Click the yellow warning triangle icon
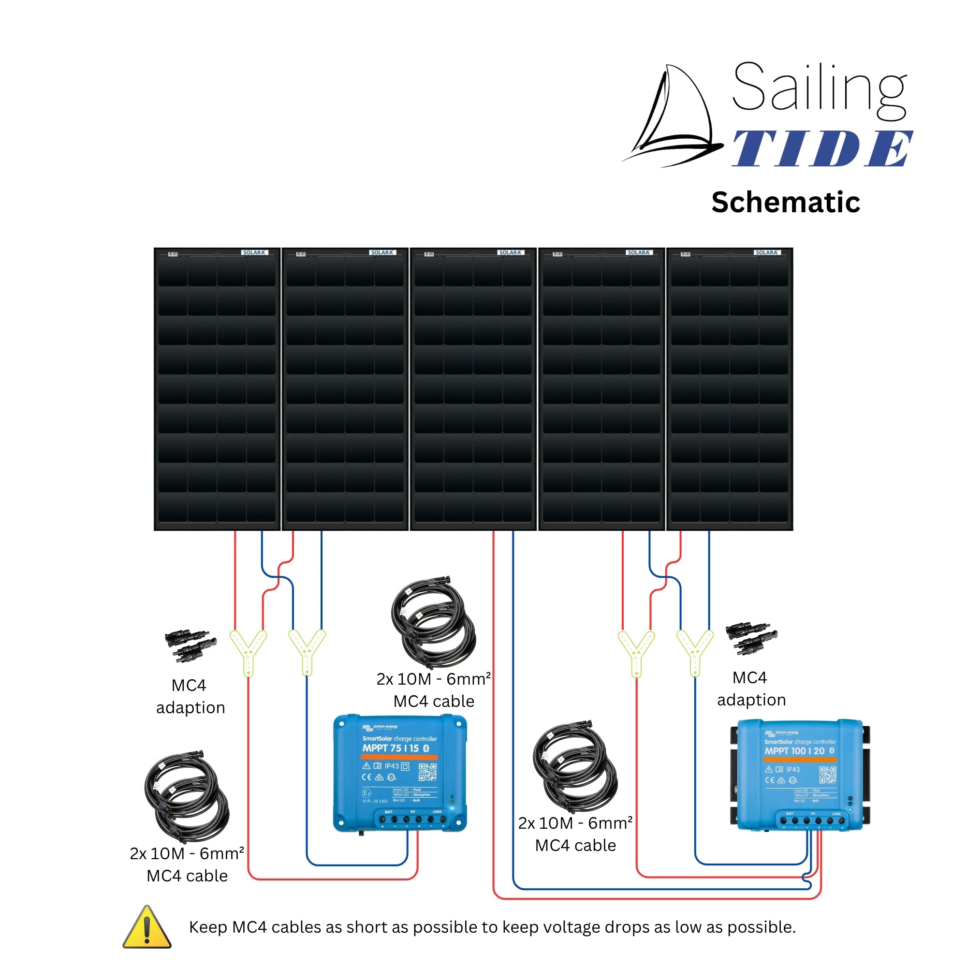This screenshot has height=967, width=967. click(147, 927)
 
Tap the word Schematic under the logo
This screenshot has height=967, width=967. click(785, 202)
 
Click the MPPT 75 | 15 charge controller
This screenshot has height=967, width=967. click(399, 773)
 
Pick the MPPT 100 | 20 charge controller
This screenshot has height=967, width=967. click(800, 776)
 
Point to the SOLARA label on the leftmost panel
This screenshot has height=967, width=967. click(254, 253)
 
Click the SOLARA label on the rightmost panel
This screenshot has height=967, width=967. click(766, 253)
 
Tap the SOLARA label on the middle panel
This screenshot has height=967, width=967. click(510, 253)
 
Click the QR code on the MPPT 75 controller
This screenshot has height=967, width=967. click(427, 772)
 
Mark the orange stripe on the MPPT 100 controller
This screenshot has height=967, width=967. click(800, 760)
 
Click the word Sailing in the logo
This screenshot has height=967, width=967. click(820, 89)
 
